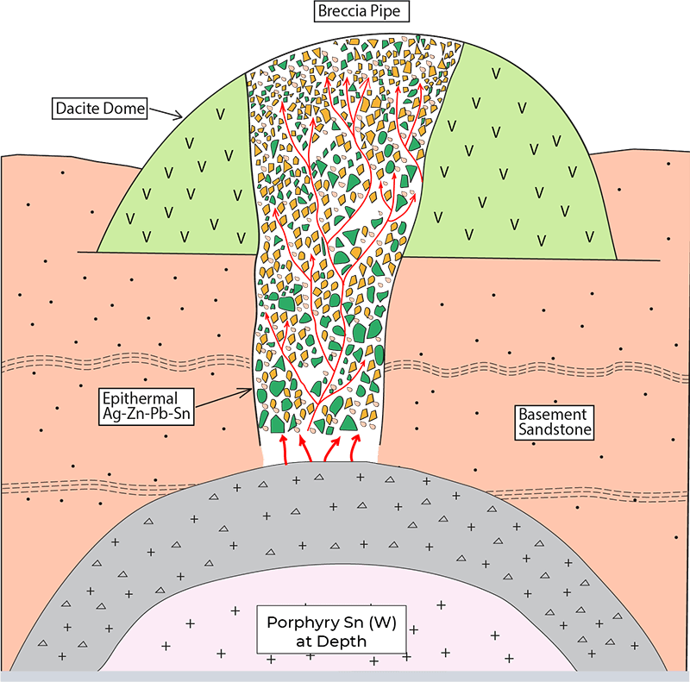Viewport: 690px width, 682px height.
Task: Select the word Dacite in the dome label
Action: (76, 109)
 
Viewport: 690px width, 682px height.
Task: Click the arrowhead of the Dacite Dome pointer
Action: (179, 116)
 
